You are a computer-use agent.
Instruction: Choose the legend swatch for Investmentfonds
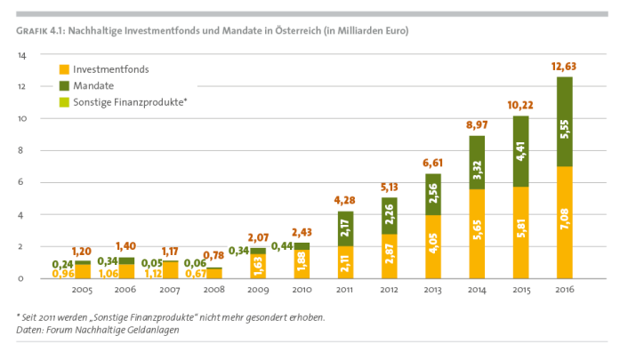coord(65,68)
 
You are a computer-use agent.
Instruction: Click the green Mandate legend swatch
coord(65,85)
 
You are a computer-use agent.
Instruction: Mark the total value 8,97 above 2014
coord(477,125)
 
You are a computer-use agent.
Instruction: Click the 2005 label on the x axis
coord(83,291)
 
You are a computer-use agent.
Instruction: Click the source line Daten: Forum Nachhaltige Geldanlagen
coord(97,330)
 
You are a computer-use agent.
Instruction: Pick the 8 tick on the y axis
coord(22,151)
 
